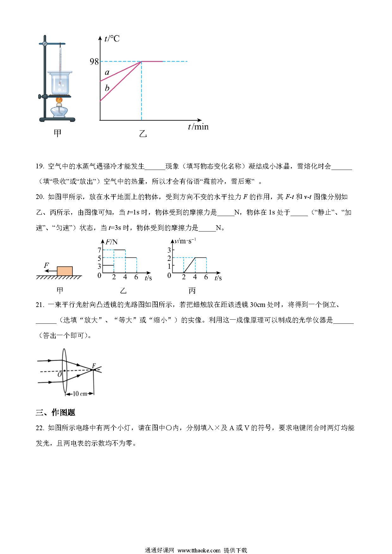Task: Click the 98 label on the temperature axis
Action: coord(94,61)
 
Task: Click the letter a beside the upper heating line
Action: coord(107,73)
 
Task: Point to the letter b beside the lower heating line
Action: coord(107,88)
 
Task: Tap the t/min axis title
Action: coord(198,127)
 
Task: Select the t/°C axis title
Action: coord(112,39)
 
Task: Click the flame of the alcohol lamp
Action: coord(59,100)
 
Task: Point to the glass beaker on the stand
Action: coord(60,83)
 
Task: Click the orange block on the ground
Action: coord(65,271)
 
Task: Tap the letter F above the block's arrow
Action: coord(46,265)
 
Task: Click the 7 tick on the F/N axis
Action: coord(99,250)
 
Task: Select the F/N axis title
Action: coord(112,242)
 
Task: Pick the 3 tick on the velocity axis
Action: coord(169,250)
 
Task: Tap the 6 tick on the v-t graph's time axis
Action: coord(206,277)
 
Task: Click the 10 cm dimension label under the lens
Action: coord(80,394)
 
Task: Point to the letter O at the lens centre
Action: coord(59,375)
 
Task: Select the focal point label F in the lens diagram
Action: coord(94,366)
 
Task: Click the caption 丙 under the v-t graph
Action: coord(192,291)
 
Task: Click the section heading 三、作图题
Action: coord(55,412)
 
